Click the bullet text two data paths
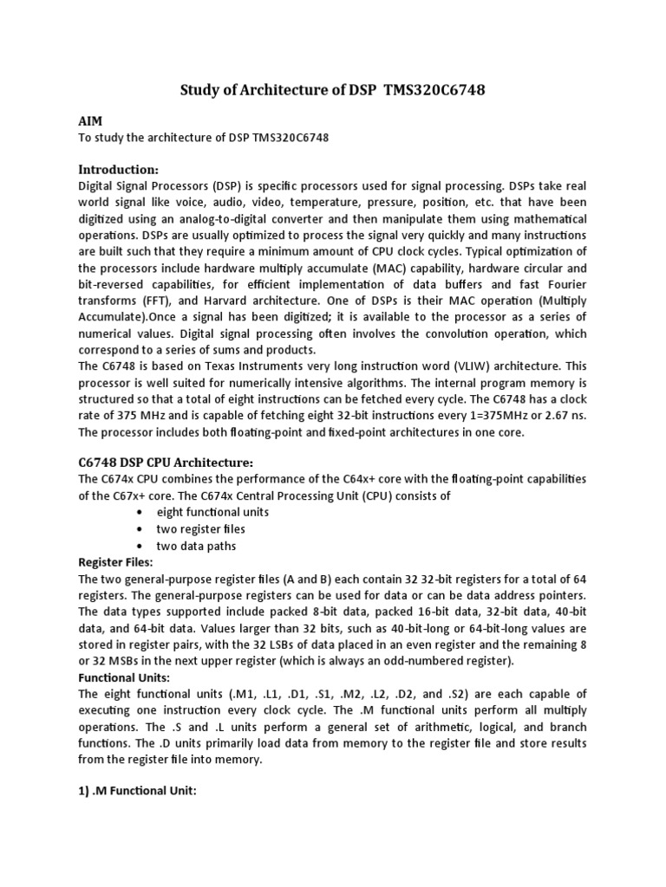(196, 546)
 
